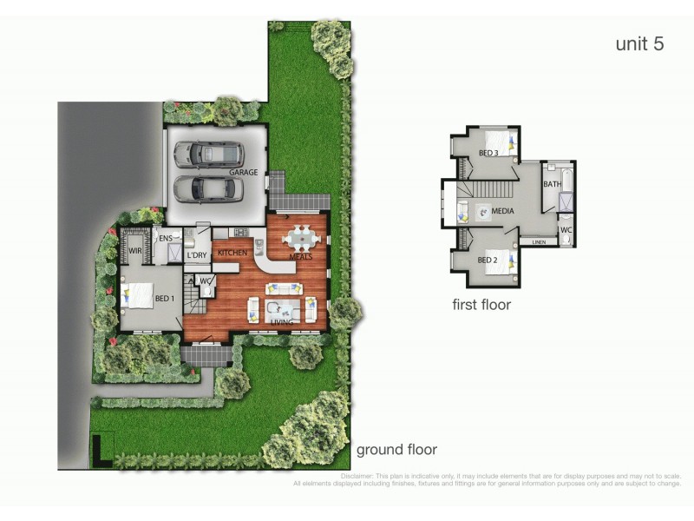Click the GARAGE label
coord(243,173)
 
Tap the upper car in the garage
coord(208,155)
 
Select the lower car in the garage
coord(208,188)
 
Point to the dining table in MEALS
coord(300,236)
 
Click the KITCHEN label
coord(232,253)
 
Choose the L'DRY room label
coord(197,254)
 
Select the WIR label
coord(135,250)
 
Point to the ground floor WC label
coord(206,280)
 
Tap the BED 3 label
coord(488,153)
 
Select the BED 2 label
coord(488,260)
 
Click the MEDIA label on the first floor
coord(502,211)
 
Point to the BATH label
coord(552,184)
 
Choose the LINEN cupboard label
coord(539,242)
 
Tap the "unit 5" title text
coord(639,44)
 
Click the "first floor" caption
coord(481,305)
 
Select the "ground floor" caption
coord(396,449)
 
